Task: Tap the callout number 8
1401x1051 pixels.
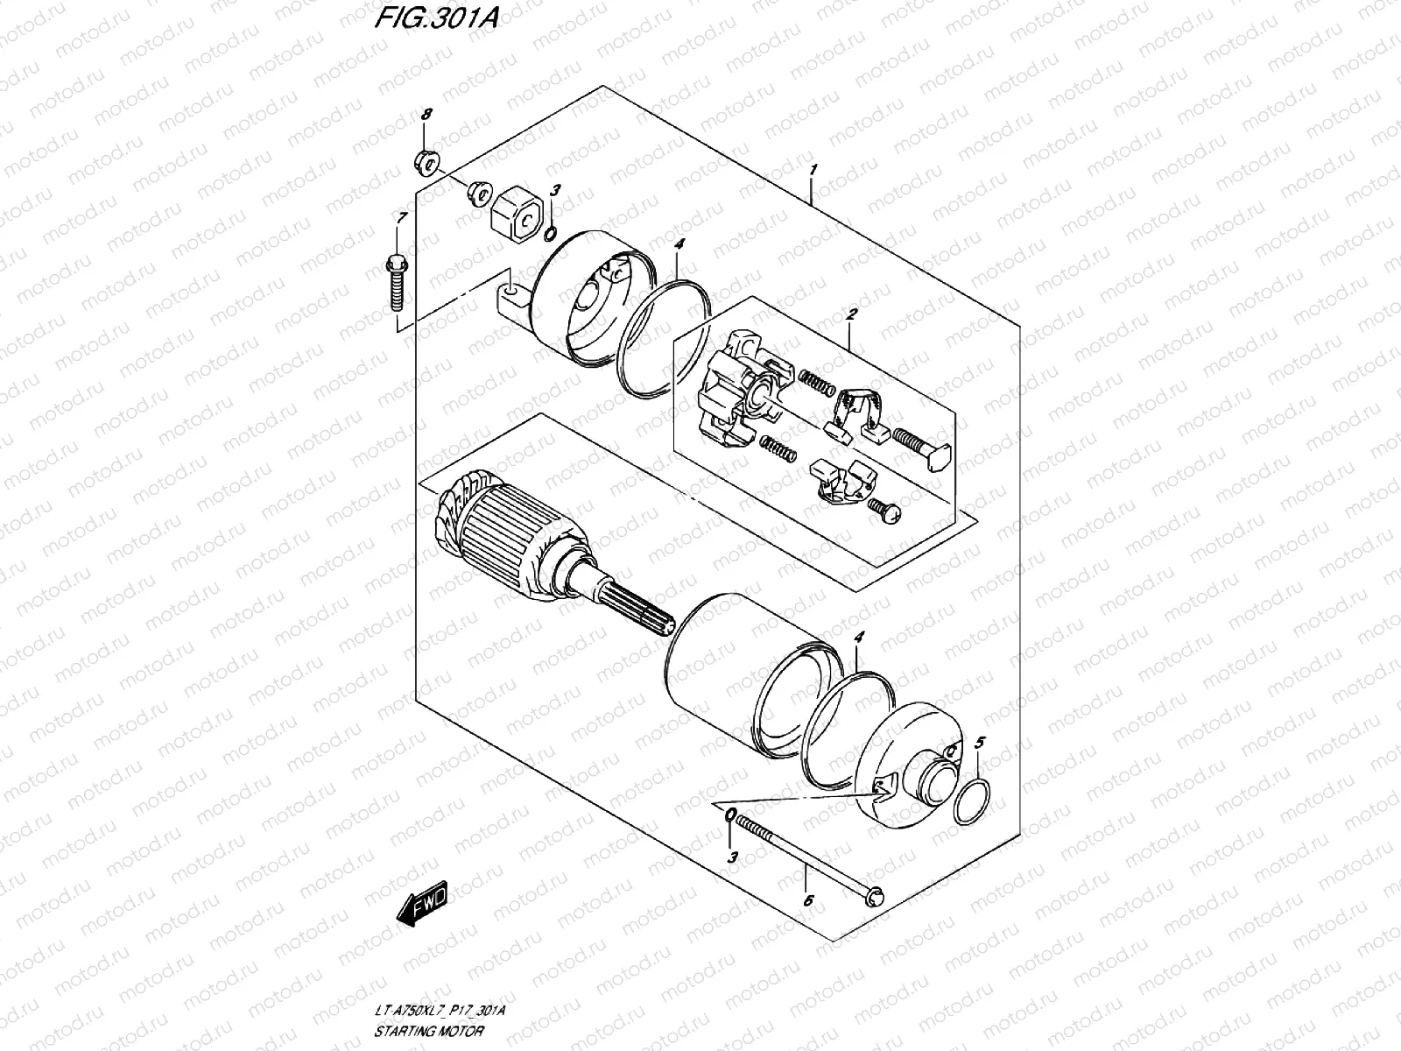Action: pos(426,115)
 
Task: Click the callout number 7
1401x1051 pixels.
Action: pos(402,216)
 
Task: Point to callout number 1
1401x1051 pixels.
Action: pos(813,169)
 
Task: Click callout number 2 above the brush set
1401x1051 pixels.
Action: pos(851,313)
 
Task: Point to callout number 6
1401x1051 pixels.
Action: pos(806,899)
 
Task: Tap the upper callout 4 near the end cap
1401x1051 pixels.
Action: pos(679,245)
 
